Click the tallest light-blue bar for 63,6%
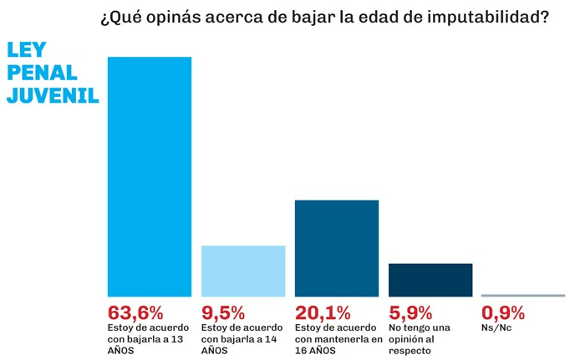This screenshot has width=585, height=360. (150, 176)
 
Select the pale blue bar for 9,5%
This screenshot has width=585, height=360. (244, 271)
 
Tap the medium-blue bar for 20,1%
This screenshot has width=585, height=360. (337, 248)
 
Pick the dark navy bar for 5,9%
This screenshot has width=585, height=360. (430, 279)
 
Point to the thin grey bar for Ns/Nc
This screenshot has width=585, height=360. (523, 295)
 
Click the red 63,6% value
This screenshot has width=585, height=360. (135, 313)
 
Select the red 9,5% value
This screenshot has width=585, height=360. (223, 313)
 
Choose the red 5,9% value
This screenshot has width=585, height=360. (411, 313)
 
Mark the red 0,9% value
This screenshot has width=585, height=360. (504, 313)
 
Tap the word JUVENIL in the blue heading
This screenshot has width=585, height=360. (53, 95)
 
